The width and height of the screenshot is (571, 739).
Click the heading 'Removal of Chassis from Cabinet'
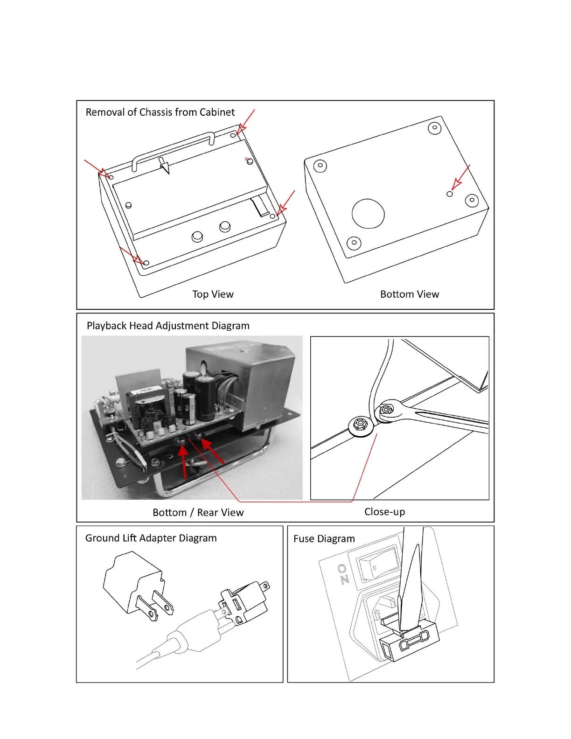click(160, 112)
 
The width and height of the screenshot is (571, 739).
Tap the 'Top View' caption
click(213, 294)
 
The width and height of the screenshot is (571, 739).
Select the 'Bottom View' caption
click(409, 294)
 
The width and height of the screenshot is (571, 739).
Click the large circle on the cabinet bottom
click(368, 214)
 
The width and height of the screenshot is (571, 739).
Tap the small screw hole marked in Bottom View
click(450, 194)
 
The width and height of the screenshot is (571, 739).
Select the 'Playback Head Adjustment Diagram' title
click(168, 326)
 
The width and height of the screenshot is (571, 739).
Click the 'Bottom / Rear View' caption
click(198, 513)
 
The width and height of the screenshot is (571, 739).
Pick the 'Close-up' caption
click(384, 512)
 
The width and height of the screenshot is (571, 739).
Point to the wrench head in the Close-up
click(387, 411)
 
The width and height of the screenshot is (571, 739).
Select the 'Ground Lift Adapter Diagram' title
click(151, 538)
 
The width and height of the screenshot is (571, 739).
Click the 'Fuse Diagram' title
click(324, 539)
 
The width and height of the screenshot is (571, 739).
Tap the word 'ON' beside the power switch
click(343, 574)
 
